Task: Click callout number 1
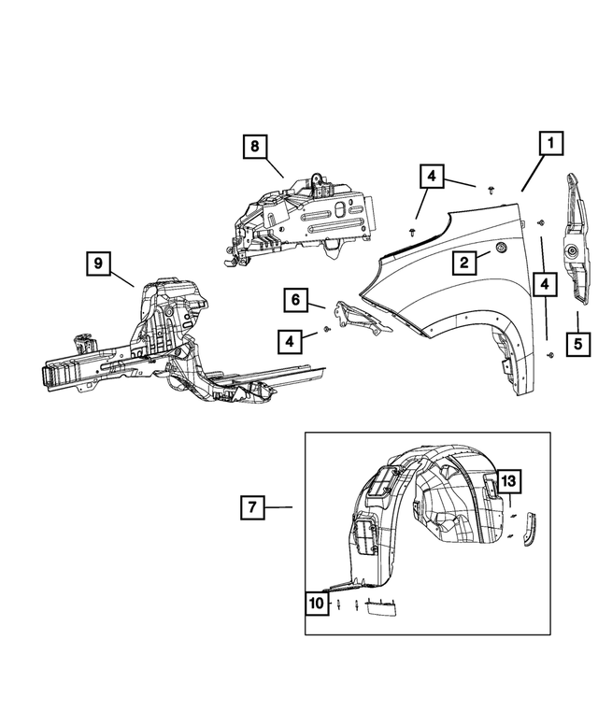[550, 145]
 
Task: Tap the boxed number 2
[463, 263]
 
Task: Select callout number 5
[577, 343]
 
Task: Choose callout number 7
[252, 507]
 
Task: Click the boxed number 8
[253, 147]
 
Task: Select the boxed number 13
[507, 481]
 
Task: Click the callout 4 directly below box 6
[290, 342]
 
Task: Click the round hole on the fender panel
[501, 249]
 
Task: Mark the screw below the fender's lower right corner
[549, 356]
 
